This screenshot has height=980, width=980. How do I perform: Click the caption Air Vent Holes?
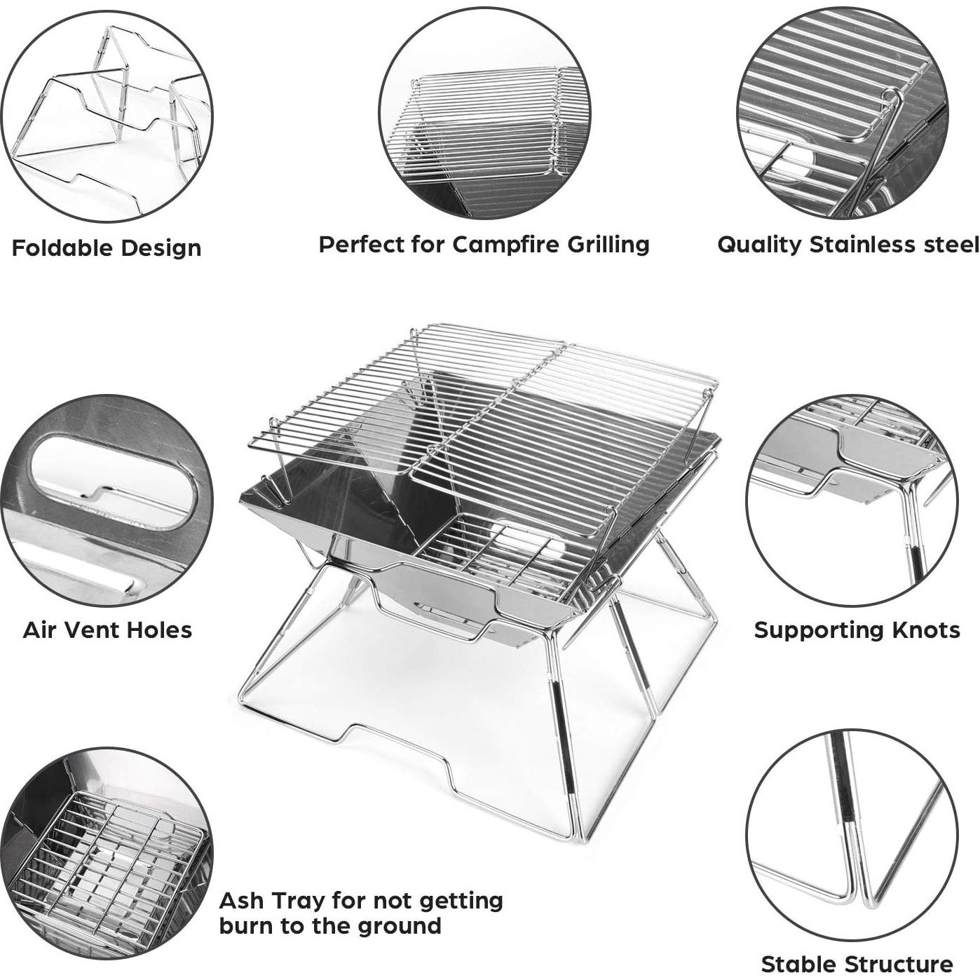(107, 629)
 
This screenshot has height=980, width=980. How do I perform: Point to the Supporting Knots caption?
(857, 629)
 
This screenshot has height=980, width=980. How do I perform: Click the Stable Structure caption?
(857, 964)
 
